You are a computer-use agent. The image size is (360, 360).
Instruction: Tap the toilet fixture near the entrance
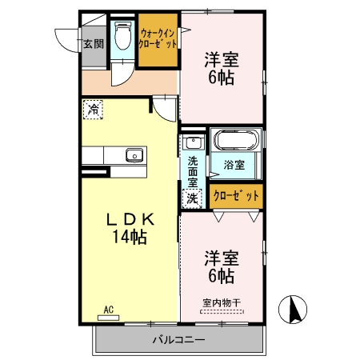tap(123, 35)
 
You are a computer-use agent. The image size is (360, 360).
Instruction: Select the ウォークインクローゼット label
tap(156, 38)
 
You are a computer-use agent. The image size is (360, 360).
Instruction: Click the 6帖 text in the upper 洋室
tap(220, 77)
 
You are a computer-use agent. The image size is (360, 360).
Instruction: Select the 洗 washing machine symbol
tap(192, 199)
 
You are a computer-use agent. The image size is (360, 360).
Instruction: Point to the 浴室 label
tap(234, 166)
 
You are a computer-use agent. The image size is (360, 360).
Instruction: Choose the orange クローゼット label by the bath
tap(237, 195)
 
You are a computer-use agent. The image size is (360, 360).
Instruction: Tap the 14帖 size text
tap(127, 237)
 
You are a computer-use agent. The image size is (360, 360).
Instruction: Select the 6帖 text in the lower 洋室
tap(220, 277)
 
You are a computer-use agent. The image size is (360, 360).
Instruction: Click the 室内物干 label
tap(221, 302)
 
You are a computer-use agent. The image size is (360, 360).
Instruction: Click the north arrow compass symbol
tap(293, 308)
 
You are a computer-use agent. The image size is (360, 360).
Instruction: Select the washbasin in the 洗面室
tap(192, 144)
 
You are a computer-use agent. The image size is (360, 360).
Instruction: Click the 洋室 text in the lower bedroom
tap(221, 258)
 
